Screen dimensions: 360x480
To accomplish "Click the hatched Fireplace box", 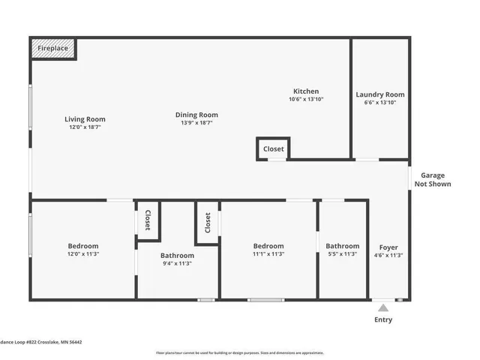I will (53, 49).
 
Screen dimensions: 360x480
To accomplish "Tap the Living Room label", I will (85, 119).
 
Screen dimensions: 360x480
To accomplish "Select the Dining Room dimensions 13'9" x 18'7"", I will (196, 123).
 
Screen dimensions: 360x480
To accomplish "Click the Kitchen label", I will (306, 91).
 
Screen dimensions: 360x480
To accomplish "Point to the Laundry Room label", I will (379, 94).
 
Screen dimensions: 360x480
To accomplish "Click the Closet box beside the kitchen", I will (273, 148).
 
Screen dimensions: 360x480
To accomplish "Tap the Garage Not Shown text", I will (433, 179).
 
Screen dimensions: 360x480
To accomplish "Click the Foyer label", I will (388, 247).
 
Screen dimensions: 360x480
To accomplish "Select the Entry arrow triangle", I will (383, 307).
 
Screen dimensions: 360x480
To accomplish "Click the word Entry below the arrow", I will (383, 320).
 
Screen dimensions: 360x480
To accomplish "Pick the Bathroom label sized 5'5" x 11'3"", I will (342, 246).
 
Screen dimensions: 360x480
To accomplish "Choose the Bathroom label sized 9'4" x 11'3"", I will (177, 256).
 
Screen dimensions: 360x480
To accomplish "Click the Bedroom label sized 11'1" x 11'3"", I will (268, 246).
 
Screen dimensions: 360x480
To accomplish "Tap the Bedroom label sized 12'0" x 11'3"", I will (83, 246).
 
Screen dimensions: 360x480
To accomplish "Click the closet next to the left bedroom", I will (148, 220).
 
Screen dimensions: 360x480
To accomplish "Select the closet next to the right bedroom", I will (207, 222).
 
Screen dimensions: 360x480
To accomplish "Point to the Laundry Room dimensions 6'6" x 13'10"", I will (379, 103).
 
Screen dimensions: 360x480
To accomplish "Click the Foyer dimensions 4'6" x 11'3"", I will (388, 256).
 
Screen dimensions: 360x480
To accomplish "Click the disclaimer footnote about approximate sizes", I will (240, 352).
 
